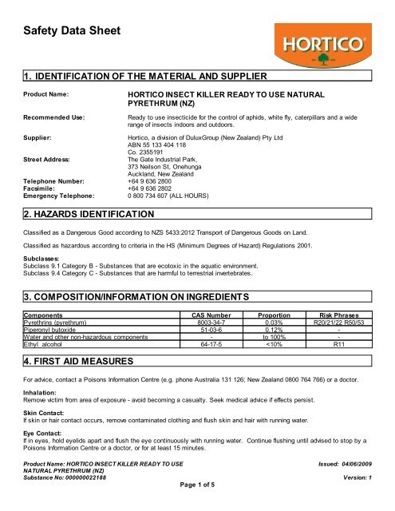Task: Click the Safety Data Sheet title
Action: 69,32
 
